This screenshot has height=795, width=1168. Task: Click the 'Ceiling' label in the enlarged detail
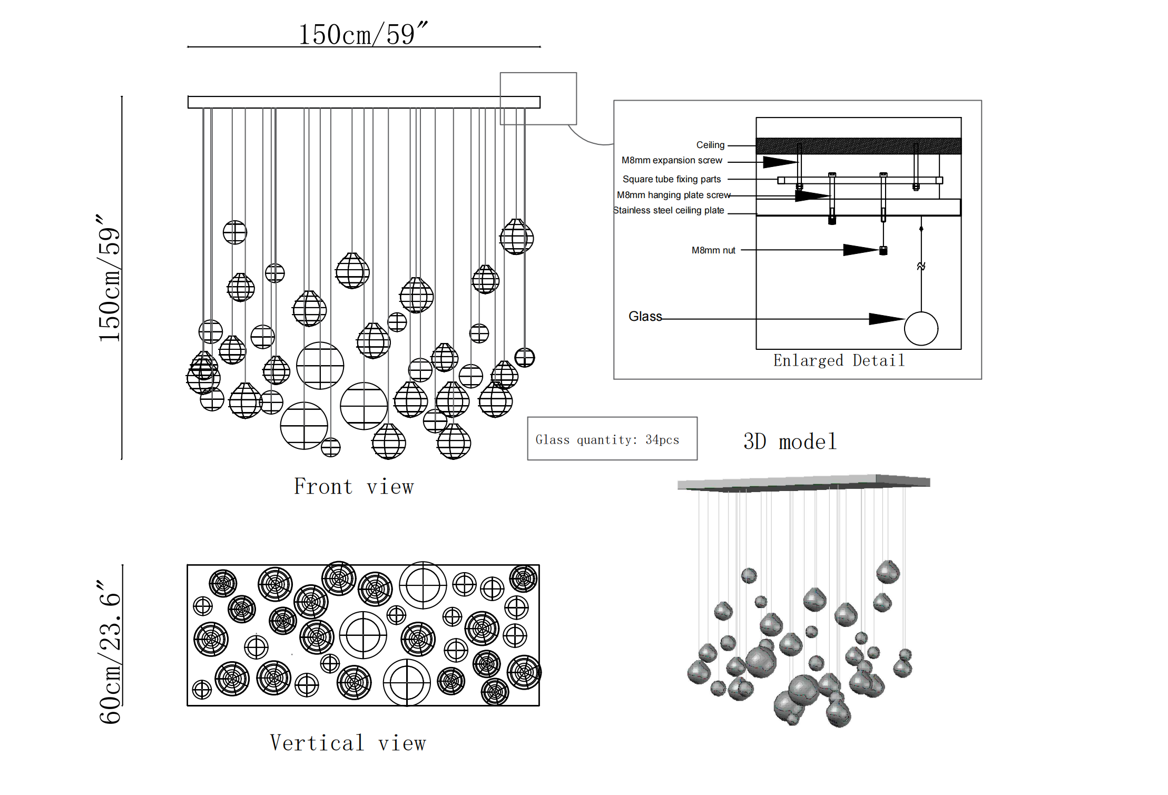[710, 145]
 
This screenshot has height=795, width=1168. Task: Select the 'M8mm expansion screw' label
[672, 160]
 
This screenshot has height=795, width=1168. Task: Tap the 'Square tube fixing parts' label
[671, 179]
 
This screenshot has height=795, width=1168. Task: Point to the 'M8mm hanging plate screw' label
[673, 195]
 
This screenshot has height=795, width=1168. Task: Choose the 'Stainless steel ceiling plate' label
[669, 210]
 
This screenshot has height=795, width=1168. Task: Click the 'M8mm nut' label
[713, 250]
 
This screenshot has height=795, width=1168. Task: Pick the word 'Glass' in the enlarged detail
[645, 316]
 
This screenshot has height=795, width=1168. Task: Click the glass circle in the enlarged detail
[921, 329]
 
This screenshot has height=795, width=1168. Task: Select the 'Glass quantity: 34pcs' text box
[612, 439]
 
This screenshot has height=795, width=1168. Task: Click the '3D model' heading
[790, 441]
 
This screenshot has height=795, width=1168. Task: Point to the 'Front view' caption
[354, 486]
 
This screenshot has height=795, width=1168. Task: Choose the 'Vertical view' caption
[348, 743]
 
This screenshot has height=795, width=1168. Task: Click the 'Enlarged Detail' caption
[839, 361]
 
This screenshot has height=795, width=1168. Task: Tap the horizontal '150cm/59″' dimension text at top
[363, 34]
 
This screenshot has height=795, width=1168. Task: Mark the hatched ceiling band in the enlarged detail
[858, 146]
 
